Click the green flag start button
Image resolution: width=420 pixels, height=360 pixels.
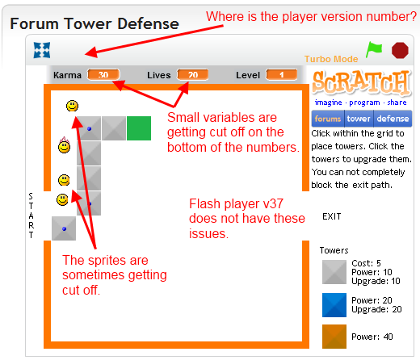[373, 48]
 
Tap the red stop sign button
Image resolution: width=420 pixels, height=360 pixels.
[400, 50]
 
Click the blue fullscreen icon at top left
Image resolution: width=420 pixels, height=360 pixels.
[41, 50]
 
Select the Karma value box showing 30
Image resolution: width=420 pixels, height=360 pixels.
[103, 75]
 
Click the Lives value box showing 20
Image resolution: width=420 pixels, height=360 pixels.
[192, 75]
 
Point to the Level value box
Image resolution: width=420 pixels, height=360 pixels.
[281, 75]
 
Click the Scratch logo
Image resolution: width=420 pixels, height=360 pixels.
[361, 85]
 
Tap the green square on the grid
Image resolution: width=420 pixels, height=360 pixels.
[139, 128]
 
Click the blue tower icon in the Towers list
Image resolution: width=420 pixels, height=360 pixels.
[334, 304]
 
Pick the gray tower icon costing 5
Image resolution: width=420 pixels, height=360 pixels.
[334, 272]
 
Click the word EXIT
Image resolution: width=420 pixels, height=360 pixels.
[331, 216]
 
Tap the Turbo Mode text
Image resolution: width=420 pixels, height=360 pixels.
[330, 60]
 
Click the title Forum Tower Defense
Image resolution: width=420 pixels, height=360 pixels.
[94, 23]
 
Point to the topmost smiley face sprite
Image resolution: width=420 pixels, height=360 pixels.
[73, 106]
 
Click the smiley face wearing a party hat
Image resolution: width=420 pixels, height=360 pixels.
[64, 147]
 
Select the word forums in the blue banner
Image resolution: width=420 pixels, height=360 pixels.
[328, 119]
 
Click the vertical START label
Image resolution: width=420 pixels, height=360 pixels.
[31, 216]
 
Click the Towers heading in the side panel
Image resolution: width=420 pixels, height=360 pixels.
[334, 250]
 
